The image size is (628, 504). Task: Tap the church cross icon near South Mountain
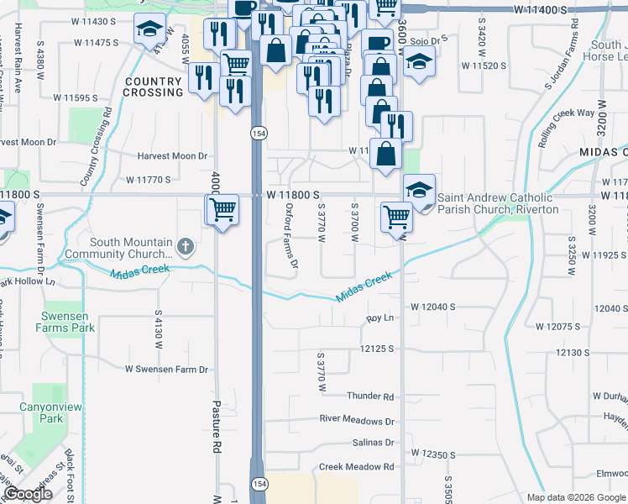(186, 248)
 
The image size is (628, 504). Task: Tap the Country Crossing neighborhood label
(153, 87)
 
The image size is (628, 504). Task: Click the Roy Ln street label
(379, 318)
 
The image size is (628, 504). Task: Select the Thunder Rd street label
(370, 396)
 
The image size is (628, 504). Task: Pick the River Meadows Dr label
(357, 419)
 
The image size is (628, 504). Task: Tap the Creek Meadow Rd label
(356, 466)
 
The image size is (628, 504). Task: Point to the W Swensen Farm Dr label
(166, 369)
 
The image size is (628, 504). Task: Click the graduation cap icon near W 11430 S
(149, 31)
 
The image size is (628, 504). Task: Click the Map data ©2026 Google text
(576, 497)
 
